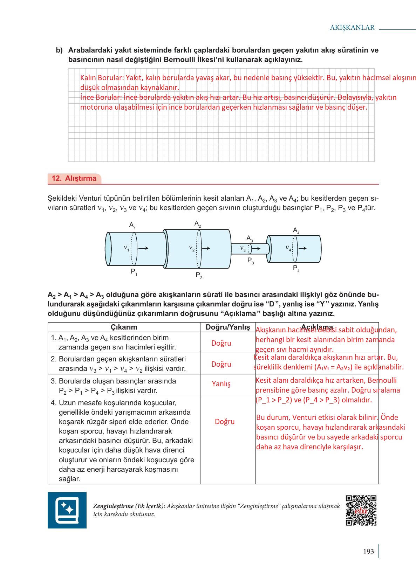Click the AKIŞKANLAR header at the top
(x=352, y=28)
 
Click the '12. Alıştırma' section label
(x=74, y=178)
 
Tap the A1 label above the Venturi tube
(x=132, y=225)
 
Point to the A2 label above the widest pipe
(x=198, y=224)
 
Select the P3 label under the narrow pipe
(x=251, y=261)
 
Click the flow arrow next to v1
(x=143, y=248)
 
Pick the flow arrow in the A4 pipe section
(x=302, y=248)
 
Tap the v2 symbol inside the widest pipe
(x=192, y=248)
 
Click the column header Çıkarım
(x=124, y=327)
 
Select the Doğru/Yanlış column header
(x=228, y=327)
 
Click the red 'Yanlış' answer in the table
(x=221, y=384)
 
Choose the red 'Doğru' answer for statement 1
(x=221, y=343)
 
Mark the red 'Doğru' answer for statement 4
(x=225, y=422)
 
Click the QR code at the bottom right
(x=361, y=510)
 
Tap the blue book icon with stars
(x=67, y=510)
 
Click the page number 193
(x=368, y=552)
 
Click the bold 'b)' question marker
(x=59, y=50)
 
